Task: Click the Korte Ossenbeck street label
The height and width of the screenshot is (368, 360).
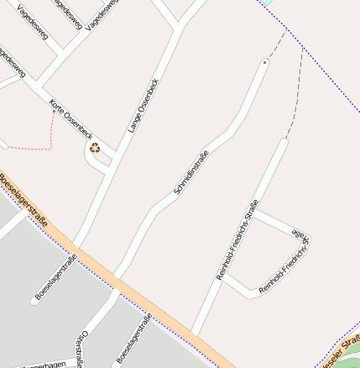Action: click(70, 118)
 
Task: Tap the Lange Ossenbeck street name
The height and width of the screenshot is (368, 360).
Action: click(143, 106)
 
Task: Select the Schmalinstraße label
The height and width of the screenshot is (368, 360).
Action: click(191, 171)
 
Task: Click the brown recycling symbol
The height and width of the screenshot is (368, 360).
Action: click(95, 149)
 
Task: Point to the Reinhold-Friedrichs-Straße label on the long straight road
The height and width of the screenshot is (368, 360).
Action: click(237, 239)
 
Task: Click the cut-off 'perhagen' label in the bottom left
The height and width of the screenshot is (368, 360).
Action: click(42, 365)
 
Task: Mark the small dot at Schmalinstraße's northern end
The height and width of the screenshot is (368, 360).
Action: click(264, 62)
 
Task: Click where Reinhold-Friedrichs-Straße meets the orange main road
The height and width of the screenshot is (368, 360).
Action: click(192, 334)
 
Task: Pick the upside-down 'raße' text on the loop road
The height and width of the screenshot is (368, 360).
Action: click(300, 231)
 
